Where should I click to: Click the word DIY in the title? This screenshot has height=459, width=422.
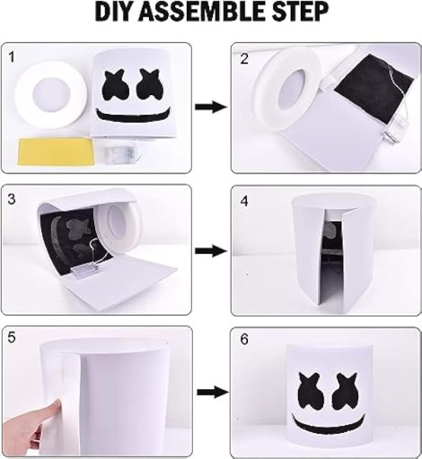pos(114,12)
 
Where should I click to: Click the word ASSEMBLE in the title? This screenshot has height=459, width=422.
pos(200,12)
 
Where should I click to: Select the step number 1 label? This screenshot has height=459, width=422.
pos(12,57)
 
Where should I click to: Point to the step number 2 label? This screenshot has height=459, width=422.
pos(244,59)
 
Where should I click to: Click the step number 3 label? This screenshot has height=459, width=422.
pos(12,199)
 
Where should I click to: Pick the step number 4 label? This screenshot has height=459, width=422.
pos(244,201)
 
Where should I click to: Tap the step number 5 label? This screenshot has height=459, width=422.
pos(12,338)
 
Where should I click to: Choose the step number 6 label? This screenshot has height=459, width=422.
pos(244,340)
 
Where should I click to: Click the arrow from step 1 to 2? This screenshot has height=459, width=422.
pos(211,107)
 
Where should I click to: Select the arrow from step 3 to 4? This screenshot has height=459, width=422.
pos(211,251)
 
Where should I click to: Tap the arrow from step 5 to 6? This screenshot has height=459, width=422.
pos(213,392)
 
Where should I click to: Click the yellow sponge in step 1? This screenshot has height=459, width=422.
pos(57,152)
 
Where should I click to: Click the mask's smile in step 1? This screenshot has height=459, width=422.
pos(135,117)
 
